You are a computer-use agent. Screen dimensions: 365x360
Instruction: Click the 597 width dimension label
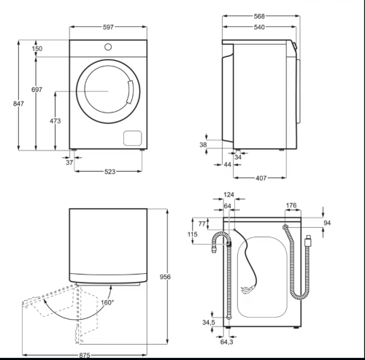[108, 27]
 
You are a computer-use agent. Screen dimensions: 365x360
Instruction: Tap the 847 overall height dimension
[18, 104]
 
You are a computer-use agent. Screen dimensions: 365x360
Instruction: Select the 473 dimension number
[55, 120]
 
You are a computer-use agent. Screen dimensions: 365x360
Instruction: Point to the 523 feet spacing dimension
[109, 172]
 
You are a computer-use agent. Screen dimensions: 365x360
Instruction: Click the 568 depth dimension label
[259, 16]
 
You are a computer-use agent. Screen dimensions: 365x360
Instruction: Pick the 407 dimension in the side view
[261, 178]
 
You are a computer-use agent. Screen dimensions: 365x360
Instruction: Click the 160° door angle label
[107, 302]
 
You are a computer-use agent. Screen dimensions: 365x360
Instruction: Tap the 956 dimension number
[165, 277]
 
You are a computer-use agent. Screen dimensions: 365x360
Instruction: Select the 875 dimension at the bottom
[85, 355]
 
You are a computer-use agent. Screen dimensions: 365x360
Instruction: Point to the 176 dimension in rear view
[291, 205]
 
